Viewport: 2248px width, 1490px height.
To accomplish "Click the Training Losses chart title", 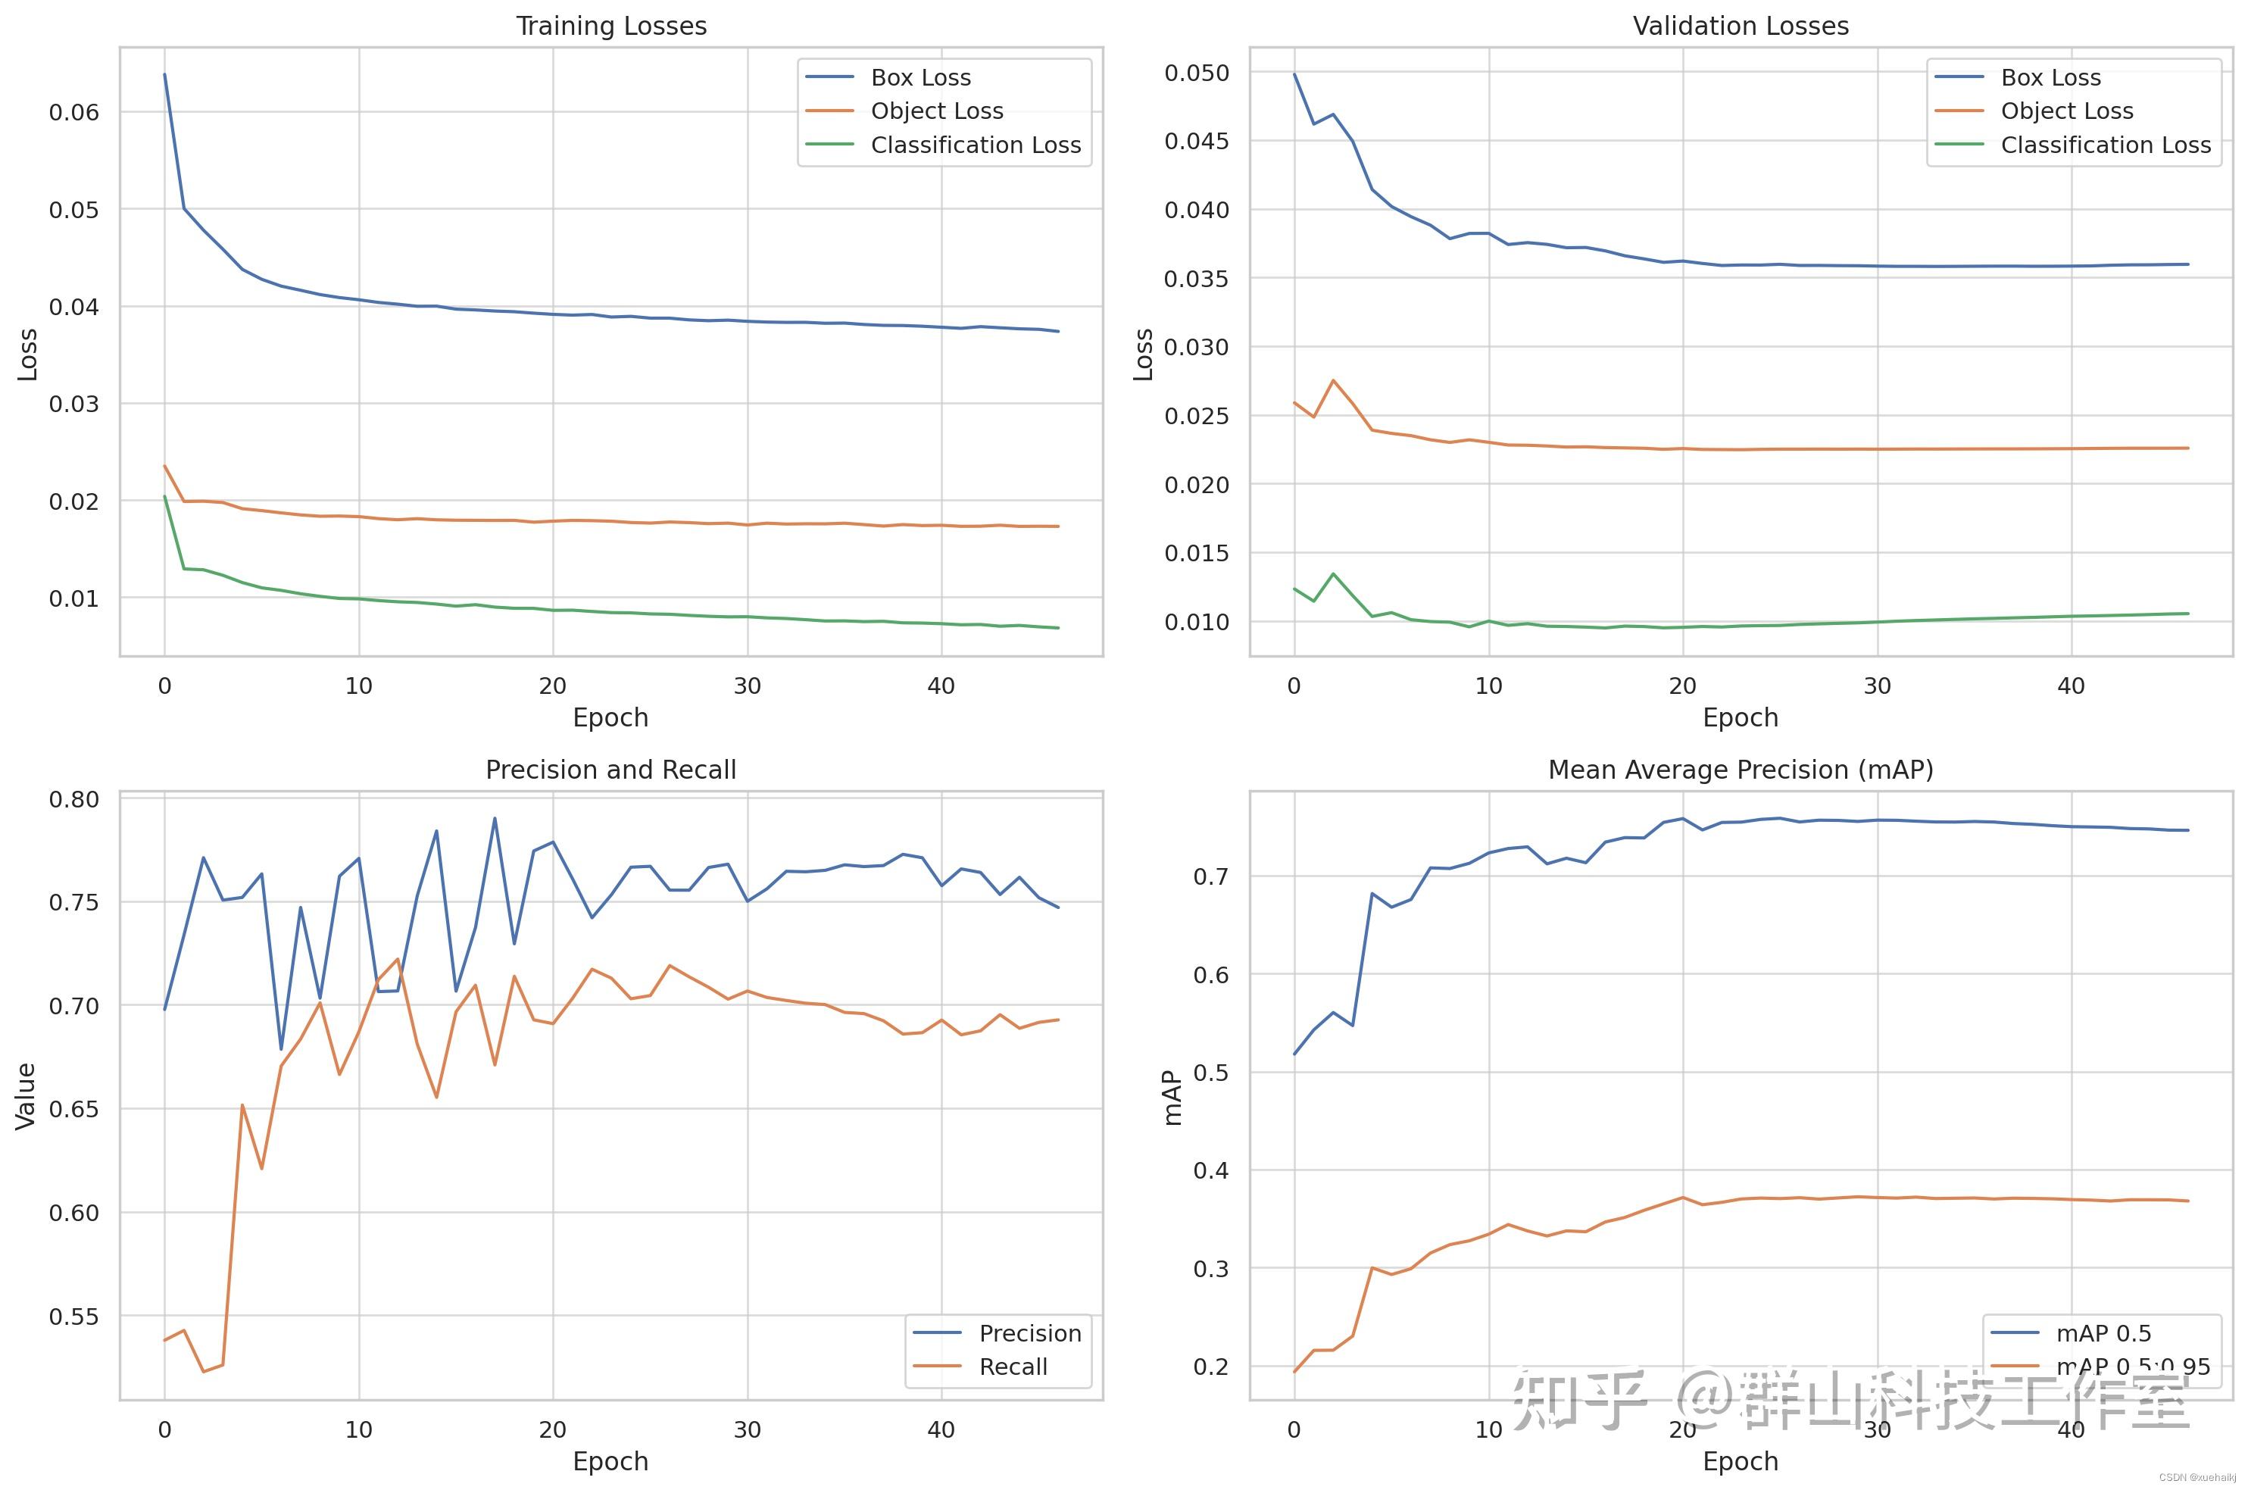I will (611, 26).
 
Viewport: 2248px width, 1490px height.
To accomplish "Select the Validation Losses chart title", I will (1740, 26).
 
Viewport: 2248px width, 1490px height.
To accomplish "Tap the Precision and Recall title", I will (611, 770).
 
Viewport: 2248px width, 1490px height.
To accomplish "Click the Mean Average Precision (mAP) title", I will (1740, 770).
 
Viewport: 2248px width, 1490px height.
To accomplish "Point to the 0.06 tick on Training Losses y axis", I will (74, 112).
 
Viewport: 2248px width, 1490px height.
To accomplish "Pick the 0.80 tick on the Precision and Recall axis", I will (74, 799).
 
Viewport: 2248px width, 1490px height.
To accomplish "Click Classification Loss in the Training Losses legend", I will (975, 145).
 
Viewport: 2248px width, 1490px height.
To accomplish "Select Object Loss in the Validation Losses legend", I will (2066, 111).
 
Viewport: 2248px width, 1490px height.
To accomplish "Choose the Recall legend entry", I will (1013, 1367).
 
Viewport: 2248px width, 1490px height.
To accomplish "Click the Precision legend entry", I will (1030, 1333).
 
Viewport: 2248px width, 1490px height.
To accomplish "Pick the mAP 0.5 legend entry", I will (2103, 1333).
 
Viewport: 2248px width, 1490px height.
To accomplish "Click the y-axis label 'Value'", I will (26, 1095).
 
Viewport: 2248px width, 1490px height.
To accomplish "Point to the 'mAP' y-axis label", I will (1172, 1098).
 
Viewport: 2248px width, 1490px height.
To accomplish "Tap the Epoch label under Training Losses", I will (611, 717).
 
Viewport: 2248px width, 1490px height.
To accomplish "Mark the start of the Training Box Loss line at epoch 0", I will (164, 74).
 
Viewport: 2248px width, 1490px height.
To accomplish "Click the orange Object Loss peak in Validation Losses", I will (1333, 380).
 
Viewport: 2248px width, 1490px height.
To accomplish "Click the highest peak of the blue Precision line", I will (494, 818).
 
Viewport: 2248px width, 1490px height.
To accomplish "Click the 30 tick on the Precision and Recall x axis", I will (747, 1429).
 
